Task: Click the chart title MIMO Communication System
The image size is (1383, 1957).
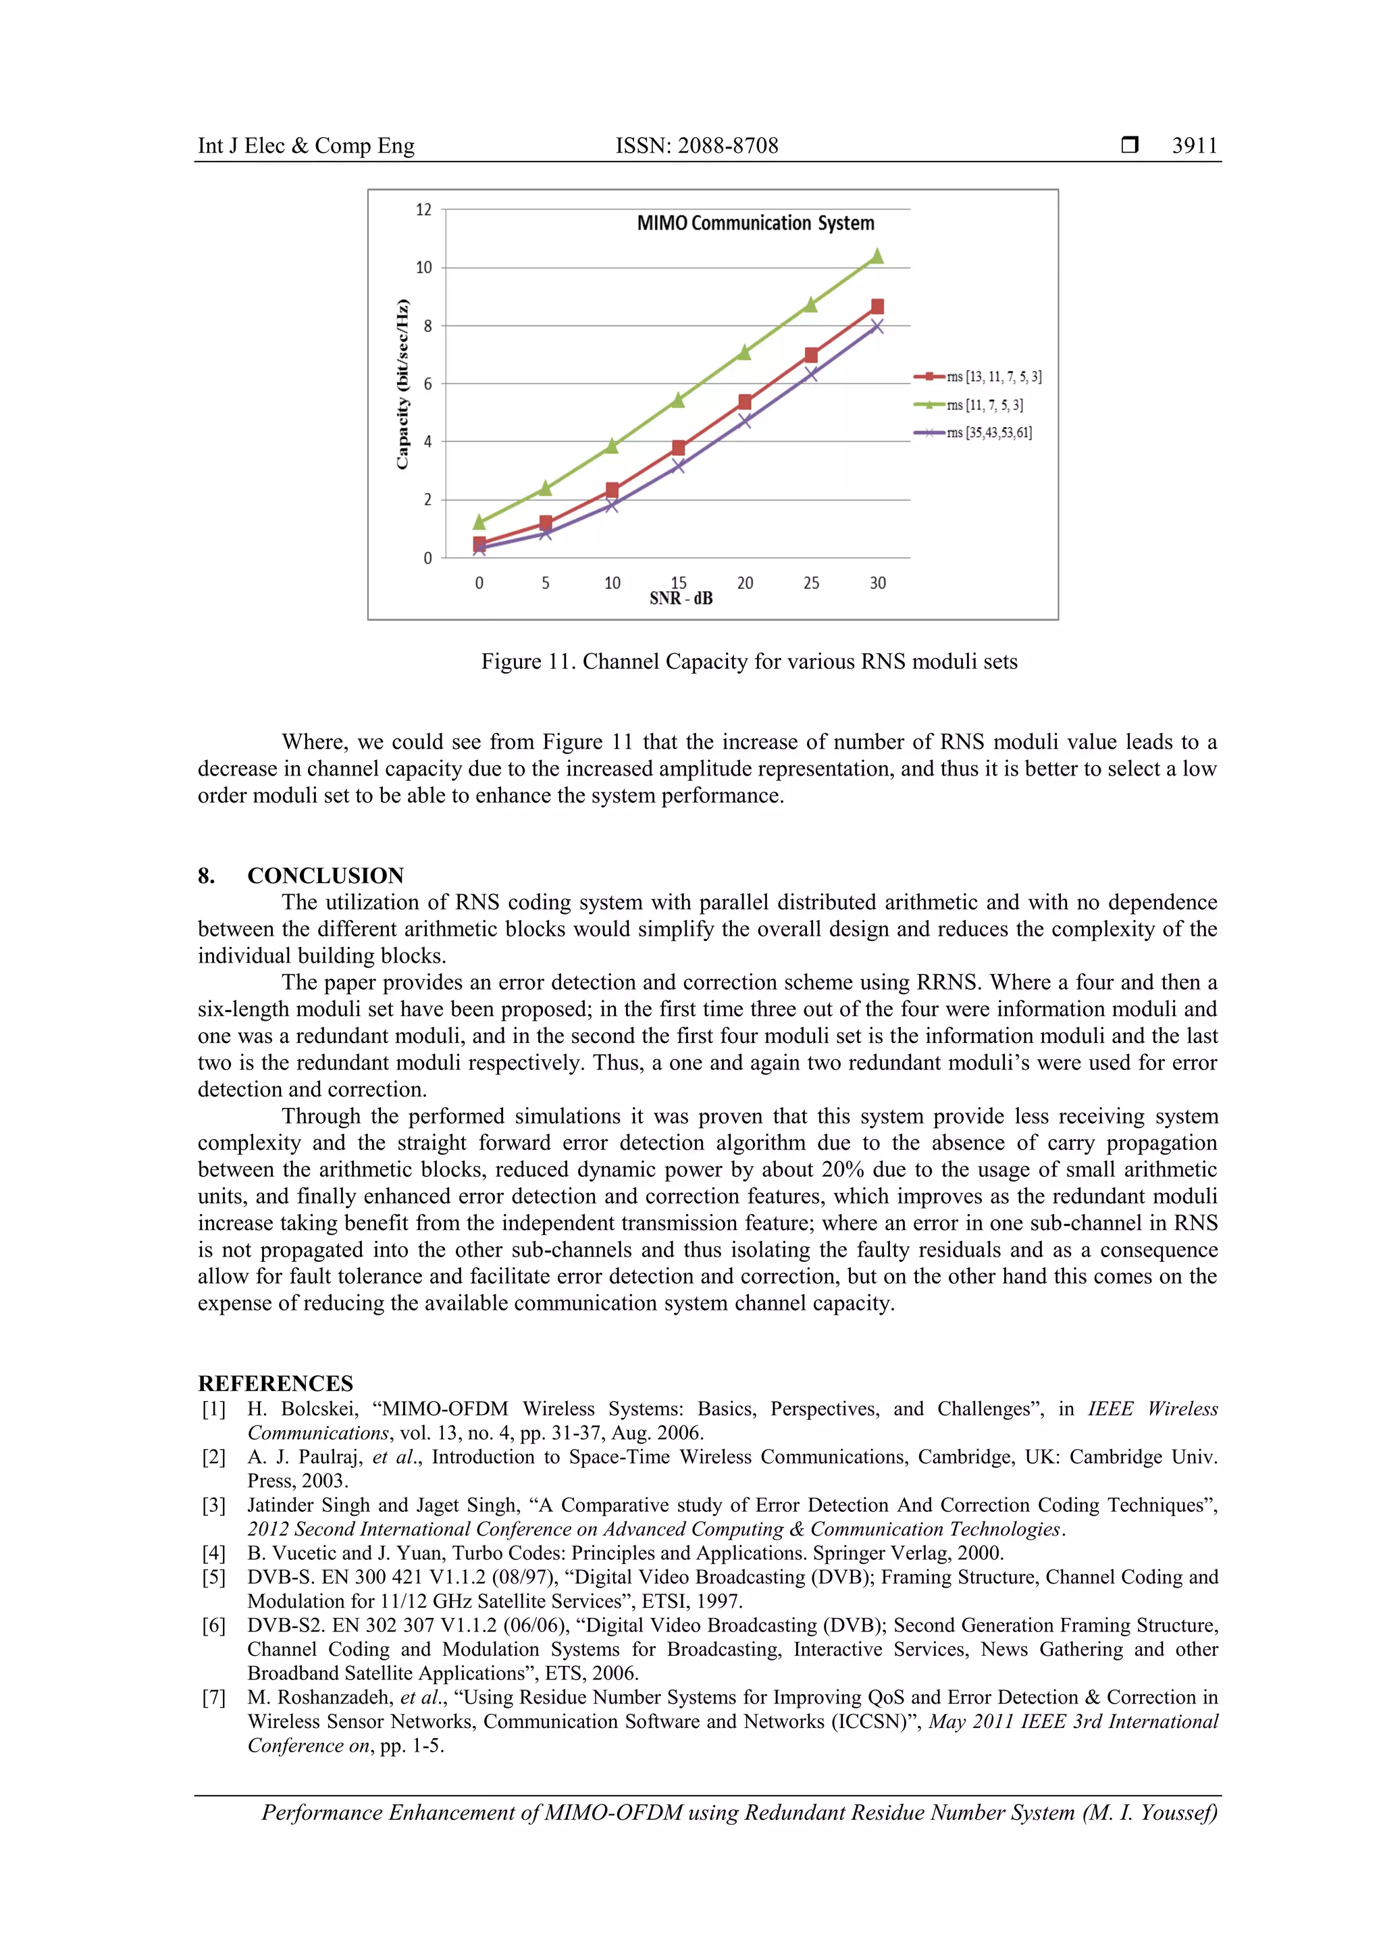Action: pyautogui.click(x=755, y=224)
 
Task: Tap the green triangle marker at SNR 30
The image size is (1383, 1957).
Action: pyautogui.click(x=877, y=257)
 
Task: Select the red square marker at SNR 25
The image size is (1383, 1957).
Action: pyautogui.click(x=810, y=355)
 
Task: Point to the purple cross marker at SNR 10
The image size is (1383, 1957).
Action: pyautogui.click(x=612, y=505)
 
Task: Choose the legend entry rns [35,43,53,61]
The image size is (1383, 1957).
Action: pyautogui.click(x=989, y=433)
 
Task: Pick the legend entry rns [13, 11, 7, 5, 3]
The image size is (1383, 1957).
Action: pyautogui.click(x=993, y=377)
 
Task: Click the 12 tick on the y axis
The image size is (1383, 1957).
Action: pyautogui.click(x=423, y=209)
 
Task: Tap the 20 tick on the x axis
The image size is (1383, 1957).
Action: pyautogui.click(x=745, y=583)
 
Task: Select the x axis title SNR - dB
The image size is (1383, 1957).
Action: pyautogui.click(x=681, y=599)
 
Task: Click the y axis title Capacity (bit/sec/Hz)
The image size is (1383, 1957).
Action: pyautogui.click(x=402, y=384)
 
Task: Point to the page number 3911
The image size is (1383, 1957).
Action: pyautogui.click(x=1194, y=146)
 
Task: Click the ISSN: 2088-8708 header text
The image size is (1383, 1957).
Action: pyautogui.click(x=696, y=146)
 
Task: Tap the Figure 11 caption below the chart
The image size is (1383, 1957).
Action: pyautogui.click(x=749, y=661)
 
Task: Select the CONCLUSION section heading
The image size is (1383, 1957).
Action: pyautogui.click(x=325, y=875)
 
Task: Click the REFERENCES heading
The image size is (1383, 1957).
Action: pyautogui.click(x=276, y=1383)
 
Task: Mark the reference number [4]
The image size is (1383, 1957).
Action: pyautogui.click(x=214, y=1552)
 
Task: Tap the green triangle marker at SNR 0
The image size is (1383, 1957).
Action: pyautogui.click(x=479, y=522)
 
